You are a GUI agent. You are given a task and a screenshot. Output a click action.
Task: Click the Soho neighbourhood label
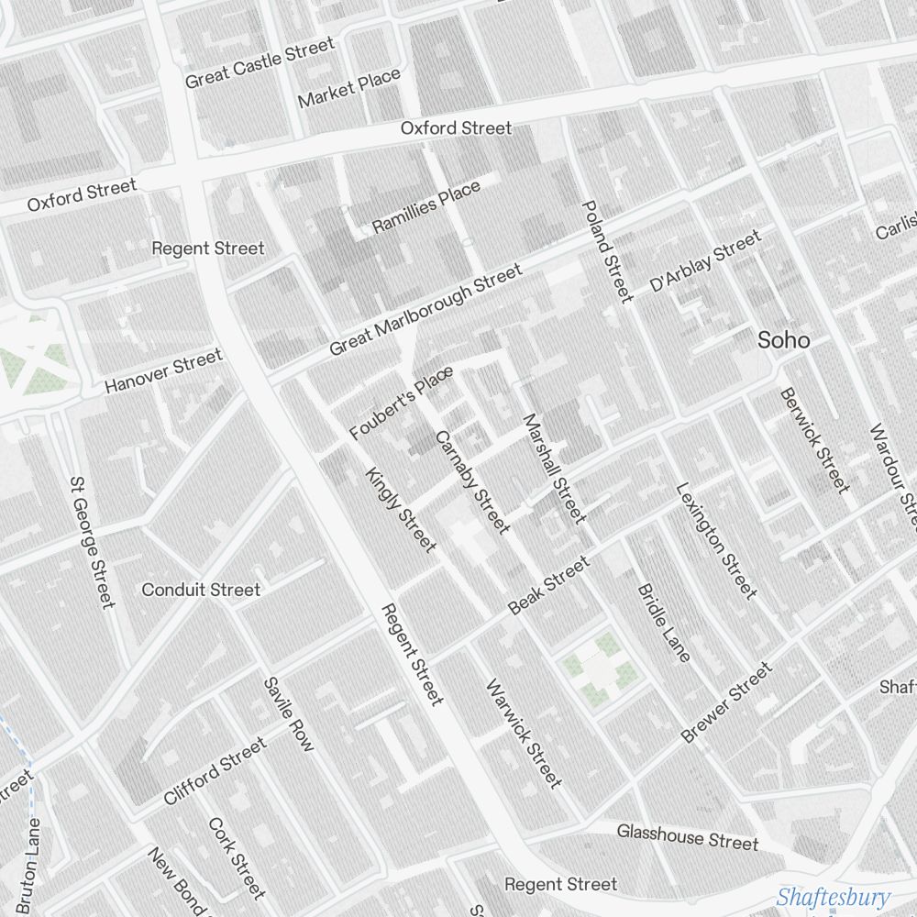coord(783,340)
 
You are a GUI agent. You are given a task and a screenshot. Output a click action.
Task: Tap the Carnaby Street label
coord(471,481)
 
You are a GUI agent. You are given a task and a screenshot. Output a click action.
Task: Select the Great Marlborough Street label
coord(425,310)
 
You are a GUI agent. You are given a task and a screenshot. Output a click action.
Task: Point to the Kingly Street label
coord(401,510)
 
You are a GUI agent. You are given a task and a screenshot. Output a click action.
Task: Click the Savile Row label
coord(288,714)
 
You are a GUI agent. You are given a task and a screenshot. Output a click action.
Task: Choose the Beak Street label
coord(548,587)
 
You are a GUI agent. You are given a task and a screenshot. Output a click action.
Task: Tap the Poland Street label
coord(606,251)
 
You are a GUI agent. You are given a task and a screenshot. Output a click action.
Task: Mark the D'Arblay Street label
coord(704,262)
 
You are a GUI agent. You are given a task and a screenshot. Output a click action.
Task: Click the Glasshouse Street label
coord(687,836)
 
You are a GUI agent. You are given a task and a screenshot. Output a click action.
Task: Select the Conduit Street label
coord(201,590)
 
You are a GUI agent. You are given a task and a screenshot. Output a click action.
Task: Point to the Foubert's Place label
coord(402,403)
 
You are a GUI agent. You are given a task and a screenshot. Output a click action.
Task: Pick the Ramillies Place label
coord(425,207)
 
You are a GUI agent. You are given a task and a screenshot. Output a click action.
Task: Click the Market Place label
coord(348,88)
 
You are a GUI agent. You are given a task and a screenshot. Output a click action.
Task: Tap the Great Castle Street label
coord(260,63)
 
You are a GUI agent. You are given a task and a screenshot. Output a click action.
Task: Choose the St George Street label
coord(93,540)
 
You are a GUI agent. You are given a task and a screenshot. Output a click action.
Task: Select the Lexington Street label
coord(716,541)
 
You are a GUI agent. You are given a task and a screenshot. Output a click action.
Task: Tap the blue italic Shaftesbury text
coord(833,897)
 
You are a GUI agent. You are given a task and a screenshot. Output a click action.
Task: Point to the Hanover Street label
coord(163,370)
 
